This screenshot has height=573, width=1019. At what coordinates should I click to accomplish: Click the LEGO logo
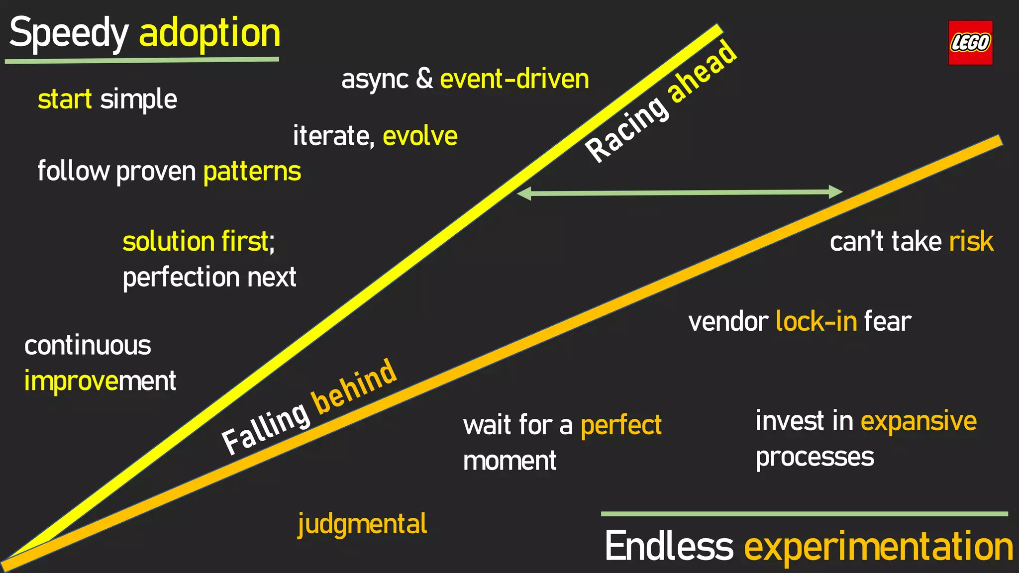970,42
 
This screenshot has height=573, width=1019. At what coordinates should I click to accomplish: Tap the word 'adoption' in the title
209,33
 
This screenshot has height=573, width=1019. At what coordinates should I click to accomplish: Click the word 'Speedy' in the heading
69,33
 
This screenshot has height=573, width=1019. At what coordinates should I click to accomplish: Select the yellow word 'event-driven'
514,79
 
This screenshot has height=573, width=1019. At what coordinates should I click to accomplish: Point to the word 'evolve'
420,136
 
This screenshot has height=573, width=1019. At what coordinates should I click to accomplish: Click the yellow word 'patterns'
252,172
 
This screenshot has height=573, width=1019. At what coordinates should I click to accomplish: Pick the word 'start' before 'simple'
65,99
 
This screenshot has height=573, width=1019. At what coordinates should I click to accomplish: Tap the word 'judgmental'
362,524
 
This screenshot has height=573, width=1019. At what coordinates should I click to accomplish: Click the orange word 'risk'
971,242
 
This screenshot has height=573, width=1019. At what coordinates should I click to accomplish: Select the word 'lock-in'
816,321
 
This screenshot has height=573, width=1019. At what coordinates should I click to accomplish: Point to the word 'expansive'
918,422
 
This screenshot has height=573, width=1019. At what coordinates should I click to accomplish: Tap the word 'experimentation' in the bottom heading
878,546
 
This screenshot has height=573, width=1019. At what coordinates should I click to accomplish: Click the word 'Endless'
669,546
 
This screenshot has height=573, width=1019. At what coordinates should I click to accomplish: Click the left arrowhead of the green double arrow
524,193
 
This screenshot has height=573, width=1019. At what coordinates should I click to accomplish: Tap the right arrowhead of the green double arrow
835,192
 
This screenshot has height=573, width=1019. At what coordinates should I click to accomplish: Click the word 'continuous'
88,346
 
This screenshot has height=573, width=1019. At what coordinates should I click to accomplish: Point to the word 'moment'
509,461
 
